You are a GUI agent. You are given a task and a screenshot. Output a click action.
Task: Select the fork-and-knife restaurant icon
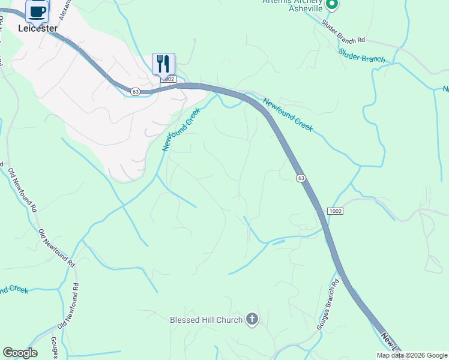[163, 63]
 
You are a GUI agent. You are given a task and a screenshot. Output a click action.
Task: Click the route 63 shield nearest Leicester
[136, 91]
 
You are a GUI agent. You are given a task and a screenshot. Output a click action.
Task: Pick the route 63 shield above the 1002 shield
[301, 178]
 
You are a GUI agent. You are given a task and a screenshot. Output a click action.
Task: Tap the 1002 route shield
[335, 211]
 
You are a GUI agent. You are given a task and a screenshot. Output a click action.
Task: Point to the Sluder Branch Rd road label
[343, 32]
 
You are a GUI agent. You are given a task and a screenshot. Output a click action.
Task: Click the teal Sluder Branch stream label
[361, 55]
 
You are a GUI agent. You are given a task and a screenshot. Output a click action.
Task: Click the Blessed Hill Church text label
[206, 320]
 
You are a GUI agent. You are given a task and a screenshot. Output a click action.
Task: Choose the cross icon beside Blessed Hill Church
[252, 320]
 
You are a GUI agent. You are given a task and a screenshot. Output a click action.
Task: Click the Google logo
[20, 353]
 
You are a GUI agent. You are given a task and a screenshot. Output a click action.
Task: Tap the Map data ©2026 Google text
[411, 355]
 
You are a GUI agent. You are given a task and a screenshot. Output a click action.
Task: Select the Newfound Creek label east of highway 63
[288, 115]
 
